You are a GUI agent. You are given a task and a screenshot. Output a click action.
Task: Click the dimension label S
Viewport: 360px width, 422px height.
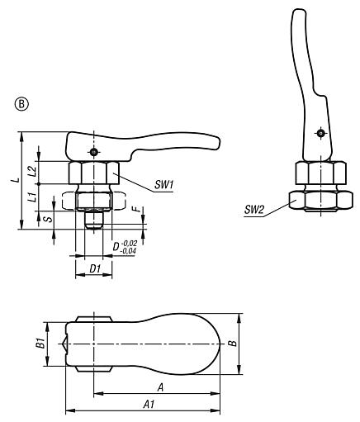click(47, 218)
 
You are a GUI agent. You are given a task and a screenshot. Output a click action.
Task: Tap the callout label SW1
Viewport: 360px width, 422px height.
click(163, 187)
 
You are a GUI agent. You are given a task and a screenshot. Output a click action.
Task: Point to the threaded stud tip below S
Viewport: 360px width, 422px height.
click(93, 225)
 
